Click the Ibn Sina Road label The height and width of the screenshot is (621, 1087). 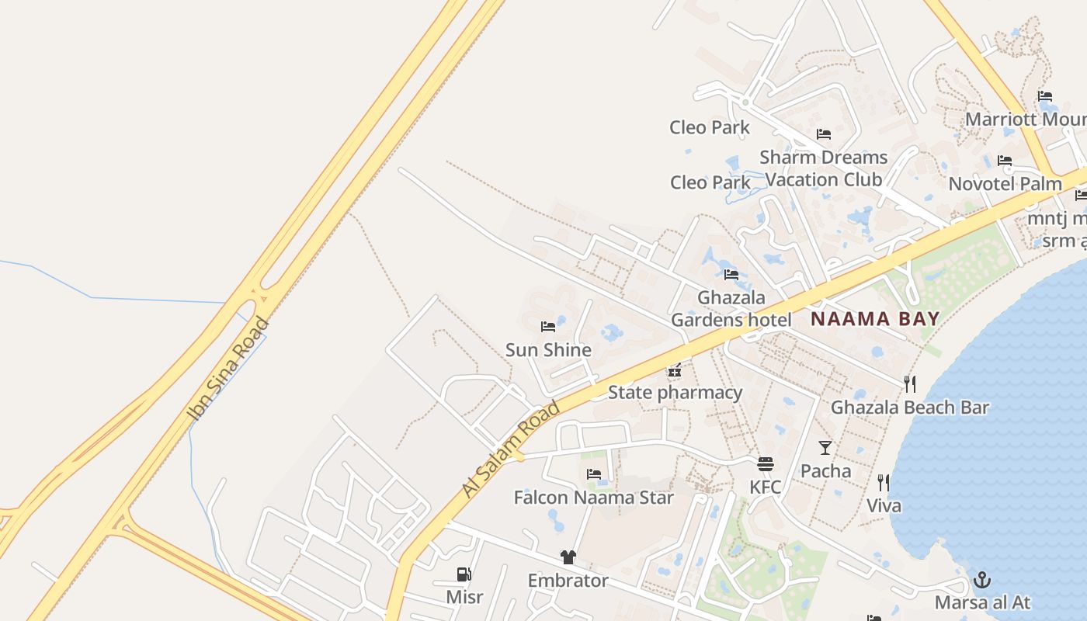(230, 369)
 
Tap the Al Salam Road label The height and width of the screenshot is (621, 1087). (511, 449)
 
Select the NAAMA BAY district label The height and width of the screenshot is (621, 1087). (875, 318)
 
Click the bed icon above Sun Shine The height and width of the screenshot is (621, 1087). (548, 327)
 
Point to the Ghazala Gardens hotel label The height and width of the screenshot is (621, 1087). (731, 308)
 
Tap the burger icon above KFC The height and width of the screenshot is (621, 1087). (766, 464)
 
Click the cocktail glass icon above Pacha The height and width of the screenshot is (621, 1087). (825, 448)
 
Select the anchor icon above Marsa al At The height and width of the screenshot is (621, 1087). (982, 580)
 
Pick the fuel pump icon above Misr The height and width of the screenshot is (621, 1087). (464, 574)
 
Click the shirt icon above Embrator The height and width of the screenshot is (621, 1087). (568, 557)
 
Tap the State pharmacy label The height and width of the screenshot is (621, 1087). (675, 392)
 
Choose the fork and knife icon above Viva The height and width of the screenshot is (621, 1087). (883, 483)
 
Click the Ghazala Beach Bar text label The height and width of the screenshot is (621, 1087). (910, 408)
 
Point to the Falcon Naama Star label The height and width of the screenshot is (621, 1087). (594, 497)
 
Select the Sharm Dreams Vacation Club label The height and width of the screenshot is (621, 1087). (824, 168)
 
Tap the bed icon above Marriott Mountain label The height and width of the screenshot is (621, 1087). (1045, 97)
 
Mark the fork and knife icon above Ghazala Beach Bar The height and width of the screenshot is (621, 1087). (910, 383)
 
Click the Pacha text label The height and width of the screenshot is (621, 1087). (825, 470)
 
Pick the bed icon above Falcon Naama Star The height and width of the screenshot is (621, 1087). (594, 474)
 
